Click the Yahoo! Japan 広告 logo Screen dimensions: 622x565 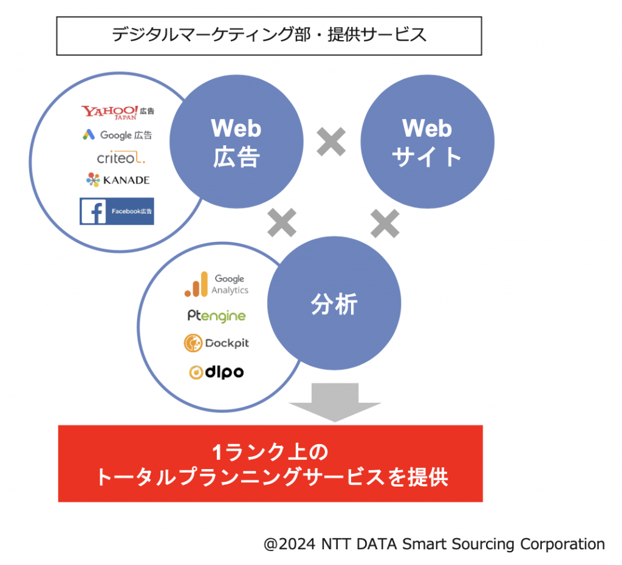117,112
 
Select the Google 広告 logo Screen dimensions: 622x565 117,135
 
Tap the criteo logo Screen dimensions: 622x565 121,157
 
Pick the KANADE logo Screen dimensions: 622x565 118,180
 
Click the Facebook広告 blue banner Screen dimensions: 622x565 117,211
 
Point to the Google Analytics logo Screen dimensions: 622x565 216,284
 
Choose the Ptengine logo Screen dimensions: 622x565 217,316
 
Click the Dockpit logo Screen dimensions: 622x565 216,343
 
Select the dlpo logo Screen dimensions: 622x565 216,372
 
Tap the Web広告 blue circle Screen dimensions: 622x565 236,142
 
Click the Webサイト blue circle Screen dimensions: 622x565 427,142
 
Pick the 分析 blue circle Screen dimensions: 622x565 334,303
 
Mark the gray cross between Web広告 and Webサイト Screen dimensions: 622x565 331,142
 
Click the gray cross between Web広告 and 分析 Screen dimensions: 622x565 282,222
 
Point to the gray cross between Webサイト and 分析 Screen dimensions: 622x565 384,224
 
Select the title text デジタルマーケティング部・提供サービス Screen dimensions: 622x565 269,35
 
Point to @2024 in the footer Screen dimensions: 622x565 290,544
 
